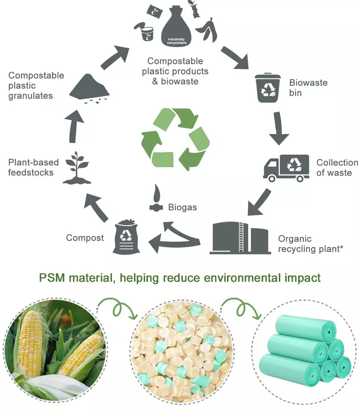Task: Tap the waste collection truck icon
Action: tap(286, 168)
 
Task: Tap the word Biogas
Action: tap(182, 207)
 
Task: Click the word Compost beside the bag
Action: tap(85, 238)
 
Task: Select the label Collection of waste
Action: tap(337, 167)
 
